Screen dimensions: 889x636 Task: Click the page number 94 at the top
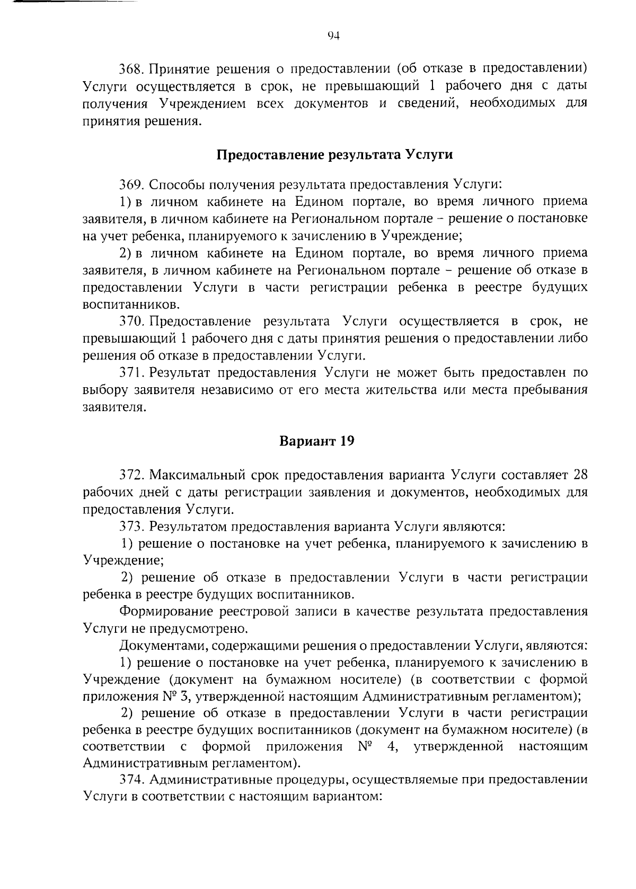333,36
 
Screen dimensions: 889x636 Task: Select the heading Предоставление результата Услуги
335,155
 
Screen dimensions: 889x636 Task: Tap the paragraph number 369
131,185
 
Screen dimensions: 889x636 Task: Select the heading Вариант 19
316,441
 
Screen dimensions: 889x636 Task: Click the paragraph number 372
131,475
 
